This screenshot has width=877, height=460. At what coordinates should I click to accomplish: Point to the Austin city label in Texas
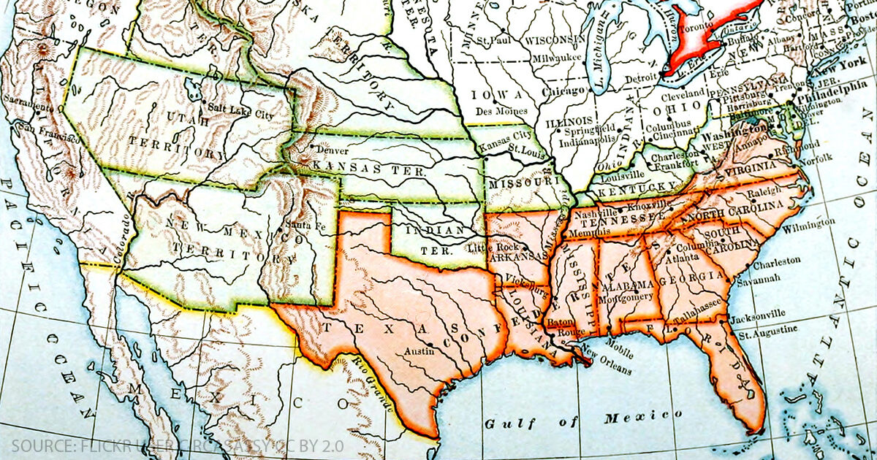[x=419, y=351]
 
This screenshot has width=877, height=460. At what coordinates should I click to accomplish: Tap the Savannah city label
[x=759, y=278]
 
